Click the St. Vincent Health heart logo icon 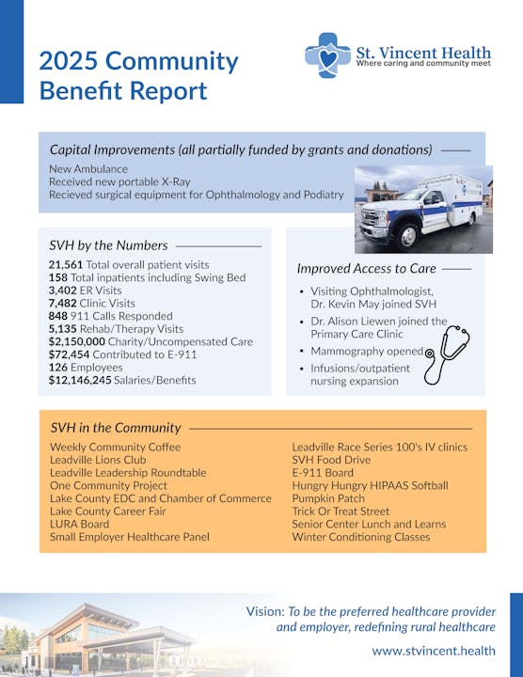pos(327,55)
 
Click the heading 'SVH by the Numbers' pos(109,245)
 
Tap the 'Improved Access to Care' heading pos(367,269)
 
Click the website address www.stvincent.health pos(434,650)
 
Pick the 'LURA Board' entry pos(80,524)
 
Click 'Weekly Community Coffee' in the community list pos(115,447)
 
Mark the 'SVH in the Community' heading pos(116,428)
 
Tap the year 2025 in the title pos(68,62)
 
